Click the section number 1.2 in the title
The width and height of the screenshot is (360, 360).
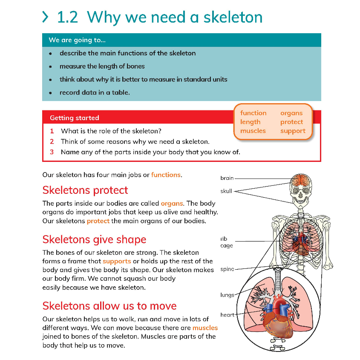pyautogui.click(x=68, y=17)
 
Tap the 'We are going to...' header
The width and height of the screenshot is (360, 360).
pyautogui.click(x=77, y=40)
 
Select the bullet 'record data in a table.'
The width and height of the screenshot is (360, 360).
pyautogui.click(x=95, y=92)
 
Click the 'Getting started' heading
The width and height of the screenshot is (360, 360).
pyautogui.click(x=74, y=118)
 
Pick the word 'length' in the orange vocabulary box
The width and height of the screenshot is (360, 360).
pyautogui.click(x=250, y=122)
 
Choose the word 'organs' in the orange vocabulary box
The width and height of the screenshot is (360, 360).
pyautogui.click(x=291, y=113)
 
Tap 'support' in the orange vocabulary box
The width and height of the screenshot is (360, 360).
pyautogui.click(x=293, y=131)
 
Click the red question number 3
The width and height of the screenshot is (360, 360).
pyautogui.click(x=52, y=152)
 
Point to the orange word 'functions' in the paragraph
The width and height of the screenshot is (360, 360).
pyautogui.click(x=166, y=175)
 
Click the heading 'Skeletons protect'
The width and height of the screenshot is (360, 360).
pyautogui.click(x=85, y=190)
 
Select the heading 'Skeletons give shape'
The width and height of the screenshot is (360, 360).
pyautogui.click(x=94, y=239)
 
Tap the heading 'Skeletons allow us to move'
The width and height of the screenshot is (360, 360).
pyautogui.click(x=109, y=306)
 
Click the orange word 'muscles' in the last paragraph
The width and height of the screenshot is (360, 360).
pyautogui.click(x=205, y=328)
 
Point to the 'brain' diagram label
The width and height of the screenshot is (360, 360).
pyautogui.click(x=227, y=178)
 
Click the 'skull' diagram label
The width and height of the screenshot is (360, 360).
pyautogui.click(x=226, y=191)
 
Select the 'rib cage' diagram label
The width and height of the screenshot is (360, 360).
pyautogui.click(x=226, y=242)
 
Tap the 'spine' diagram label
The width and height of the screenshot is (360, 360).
pyautogui.click(x=227, y=269)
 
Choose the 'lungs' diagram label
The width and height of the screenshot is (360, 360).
pyautogui.click(x=227, y=295)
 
